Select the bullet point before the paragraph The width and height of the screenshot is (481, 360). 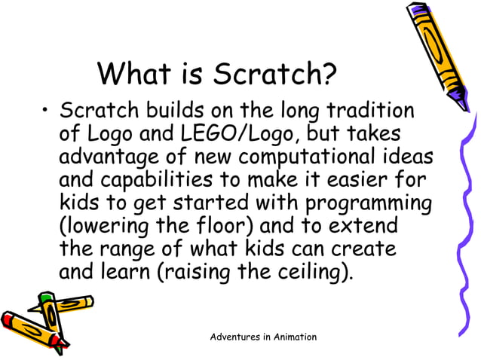(46, 113)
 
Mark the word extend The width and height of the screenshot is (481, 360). (362, 226)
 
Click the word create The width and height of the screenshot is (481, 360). (367, 249)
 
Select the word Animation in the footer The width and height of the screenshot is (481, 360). (290, 337)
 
